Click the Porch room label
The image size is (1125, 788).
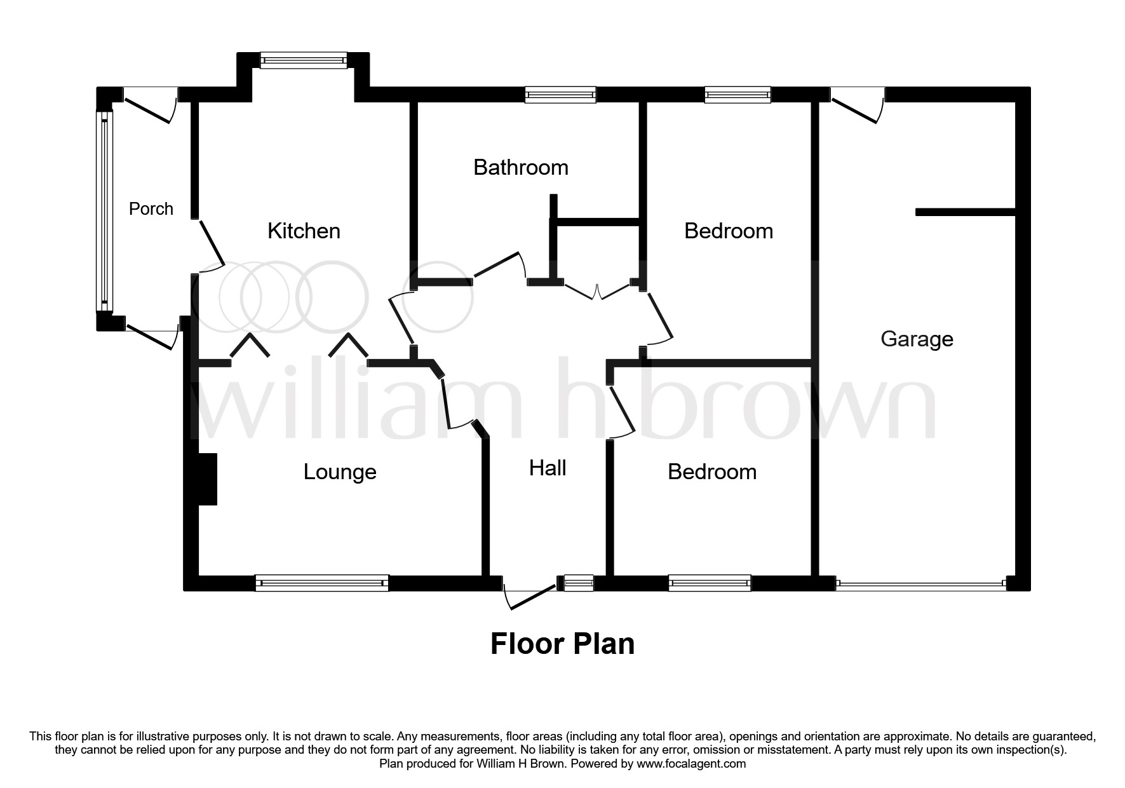151,208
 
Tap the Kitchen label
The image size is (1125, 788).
304,231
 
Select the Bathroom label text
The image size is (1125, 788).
520,168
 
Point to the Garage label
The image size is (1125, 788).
917,339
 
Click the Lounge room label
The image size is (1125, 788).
340,472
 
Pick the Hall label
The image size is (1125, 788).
547,468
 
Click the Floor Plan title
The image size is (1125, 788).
562,644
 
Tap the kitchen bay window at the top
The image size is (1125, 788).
304,60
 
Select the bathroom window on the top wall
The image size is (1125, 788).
560,95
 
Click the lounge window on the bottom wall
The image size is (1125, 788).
321,583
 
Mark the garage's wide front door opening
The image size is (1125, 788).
920,583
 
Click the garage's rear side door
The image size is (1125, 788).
857,105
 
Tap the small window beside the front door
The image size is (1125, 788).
579,583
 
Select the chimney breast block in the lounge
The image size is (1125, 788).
208,479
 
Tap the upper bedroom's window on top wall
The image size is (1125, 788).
738,95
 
